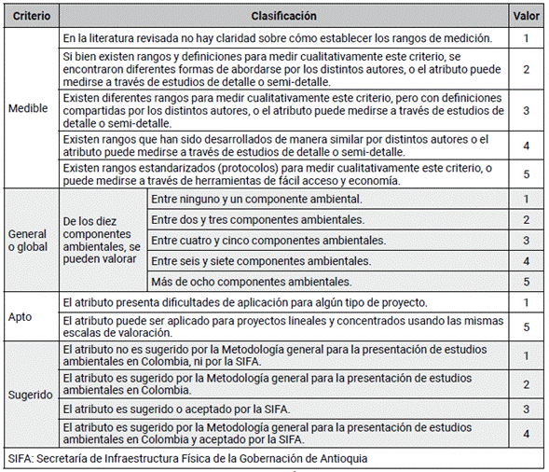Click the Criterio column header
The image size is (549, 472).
point(32,16)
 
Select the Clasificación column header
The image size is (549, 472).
point(283,16)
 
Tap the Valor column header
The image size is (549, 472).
point(527,16)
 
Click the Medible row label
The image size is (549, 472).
point(28,107)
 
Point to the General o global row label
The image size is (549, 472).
point(30,240)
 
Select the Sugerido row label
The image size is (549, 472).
point(31,395)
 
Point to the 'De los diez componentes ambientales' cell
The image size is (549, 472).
point(102,240)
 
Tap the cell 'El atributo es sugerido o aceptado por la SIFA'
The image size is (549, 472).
point(177,409)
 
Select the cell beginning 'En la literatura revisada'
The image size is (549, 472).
point(277,38)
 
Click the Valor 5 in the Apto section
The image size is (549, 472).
point(526,326)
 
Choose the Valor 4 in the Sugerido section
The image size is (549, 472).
point(526,434)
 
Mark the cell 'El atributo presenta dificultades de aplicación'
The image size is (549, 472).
point(245,302)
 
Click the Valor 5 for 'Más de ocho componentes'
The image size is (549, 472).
point(526,281)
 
